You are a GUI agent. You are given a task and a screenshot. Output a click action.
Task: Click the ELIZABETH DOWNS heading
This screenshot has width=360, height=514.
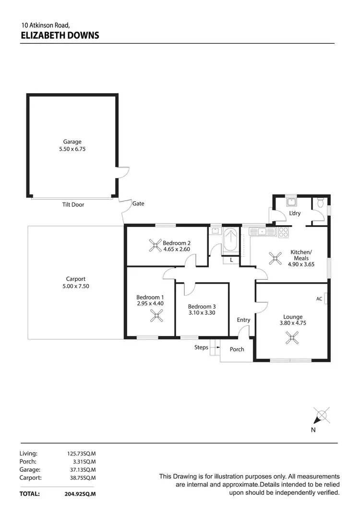pos(60,35)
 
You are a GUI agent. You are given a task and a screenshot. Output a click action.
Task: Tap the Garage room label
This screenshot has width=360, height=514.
pos(72,142)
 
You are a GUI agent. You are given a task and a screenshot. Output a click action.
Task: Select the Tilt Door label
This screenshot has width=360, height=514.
pos(73,204)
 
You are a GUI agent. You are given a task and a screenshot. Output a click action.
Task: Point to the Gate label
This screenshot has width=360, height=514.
pos(138,203)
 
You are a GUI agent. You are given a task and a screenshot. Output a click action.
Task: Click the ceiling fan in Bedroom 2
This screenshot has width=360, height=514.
pos(155,246)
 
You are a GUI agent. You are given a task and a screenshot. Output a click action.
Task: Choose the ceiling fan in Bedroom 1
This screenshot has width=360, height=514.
pos(157,315)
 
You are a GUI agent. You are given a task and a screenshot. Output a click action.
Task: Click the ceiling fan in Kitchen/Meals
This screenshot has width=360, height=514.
pos(275,259)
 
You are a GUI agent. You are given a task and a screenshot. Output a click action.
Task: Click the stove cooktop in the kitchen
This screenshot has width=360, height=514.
pos(284,232)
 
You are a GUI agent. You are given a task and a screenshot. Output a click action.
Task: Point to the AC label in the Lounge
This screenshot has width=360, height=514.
pos(319,299)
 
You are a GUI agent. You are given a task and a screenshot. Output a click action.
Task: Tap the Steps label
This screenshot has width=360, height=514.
pos(201,347)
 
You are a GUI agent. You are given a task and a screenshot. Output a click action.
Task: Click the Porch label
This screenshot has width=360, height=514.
pos(237,349)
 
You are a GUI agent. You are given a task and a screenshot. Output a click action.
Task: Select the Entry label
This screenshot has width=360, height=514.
pos(243,320)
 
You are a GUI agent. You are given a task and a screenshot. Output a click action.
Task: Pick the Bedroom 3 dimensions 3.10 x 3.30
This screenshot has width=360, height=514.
pos(202,313)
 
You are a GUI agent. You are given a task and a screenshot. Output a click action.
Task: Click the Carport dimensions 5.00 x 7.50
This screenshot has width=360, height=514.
pos(76,286)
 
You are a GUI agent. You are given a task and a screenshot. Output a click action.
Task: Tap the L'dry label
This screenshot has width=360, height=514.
pos(295,214)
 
